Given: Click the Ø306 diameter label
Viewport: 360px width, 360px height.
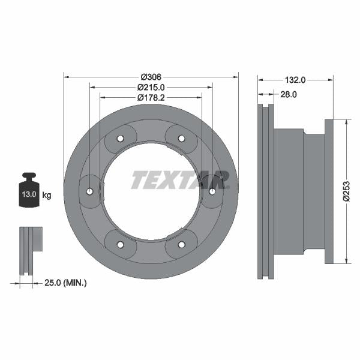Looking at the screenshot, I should pyautogui.click(x=151, y=77).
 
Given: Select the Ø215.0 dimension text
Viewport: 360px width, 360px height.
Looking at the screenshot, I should pyautogui.click(x=151, y=87).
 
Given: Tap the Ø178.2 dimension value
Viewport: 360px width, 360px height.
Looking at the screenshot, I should pyautogui.click(x=151, y=97).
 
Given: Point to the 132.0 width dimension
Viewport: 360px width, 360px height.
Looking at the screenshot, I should pyautogui.click(x=295, y=79).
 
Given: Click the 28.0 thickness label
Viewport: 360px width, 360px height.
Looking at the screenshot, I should pyautogui.click(x=288, y=94).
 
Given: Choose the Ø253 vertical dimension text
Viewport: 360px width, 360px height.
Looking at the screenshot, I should pyautogui.click(x=346, y=191).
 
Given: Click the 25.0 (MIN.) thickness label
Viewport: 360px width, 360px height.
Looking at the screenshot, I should pyautogui.click(x=66, y=282).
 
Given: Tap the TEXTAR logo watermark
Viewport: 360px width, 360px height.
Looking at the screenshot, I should pyautogui.click(x=180, y=179).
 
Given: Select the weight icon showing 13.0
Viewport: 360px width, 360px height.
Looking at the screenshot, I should pyautogui.click(x=29, y=192).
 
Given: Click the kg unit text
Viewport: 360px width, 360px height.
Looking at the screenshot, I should pyautogui.click(x=47, y=195).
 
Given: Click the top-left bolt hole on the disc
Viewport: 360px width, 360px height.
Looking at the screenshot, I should pyautogui.click(x=120, y=139).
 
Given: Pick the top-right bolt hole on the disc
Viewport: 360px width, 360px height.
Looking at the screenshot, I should pyautogui.click(x=182, y=139).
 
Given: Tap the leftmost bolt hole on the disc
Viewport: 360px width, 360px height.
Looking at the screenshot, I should pyautogui.click(x=89, y=191).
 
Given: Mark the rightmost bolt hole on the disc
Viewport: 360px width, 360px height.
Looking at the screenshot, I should pyautogui.click(x=212, y=191).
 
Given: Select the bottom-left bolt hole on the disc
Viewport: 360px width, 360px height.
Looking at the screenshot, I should pyautogui.click(x=120, y=244).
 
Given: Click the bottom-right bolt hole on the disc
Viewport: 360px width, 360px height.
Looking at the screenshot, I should pyautogui.click(x=182, y=244).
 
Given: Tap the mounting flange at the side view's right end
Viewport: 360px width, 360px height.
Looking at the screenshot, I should pyautogui.click(x=328, y=191).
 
